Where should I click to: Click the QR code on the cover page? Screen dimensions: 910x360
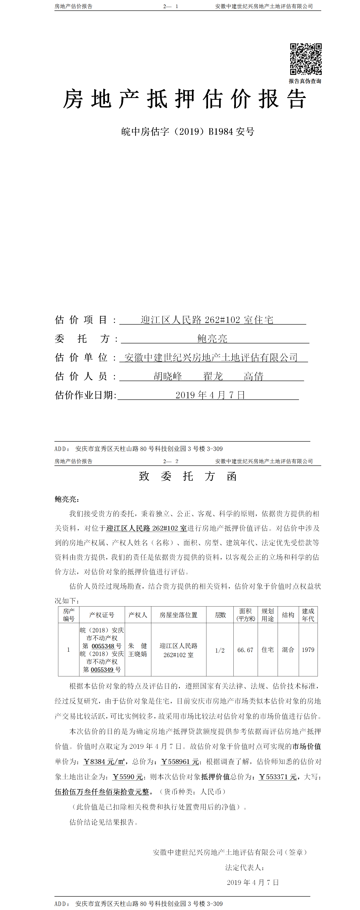coord(306,59)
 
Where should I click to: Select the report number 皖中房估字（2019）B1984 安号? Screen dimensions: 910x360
coord(188,132)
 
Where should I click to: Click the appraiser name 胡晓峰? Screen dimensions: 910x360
coord(168,376)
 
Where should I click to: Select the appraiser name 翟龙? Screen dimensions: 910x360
coord(213,376)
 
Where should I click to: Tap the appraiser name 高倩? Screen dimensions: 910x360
coord(253,376)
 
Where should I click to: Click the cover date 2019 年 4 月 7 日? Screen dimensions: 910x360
coord(210,395)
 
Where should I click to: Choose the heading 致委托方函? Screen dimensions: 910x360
coord(188,476)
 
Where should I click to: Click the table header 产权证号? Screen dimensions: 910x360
coord(102,615)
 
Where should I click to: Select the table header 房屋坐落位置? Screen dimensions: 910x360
coord(178,615)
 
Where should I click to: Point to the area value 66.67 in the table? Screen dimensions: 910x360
coord(245,650)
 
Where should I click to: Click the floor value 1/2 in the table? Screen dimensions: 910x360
coord(220,650)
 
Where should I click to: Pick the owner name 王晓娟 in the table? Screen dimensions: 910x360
coord(137,654)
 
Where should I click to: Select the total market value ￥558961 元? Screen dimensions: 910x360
coord(180,762)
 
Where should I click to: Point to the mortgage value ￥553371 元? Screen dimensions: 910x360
coord(278,777)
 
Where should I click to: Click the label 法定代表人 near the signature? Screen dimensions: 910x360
coord(245,867)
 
